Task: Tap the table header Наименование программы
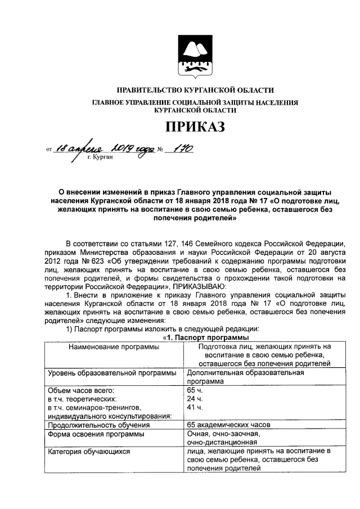pyautogui.click(x=114, y=347)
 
